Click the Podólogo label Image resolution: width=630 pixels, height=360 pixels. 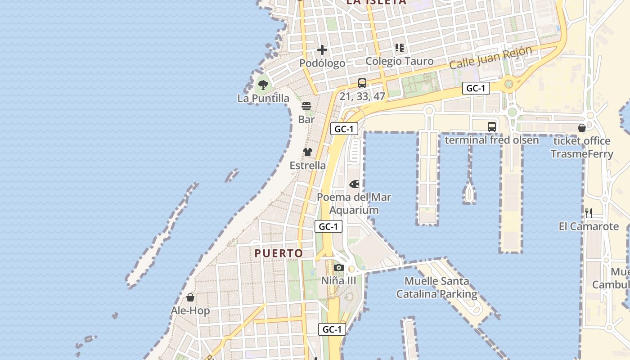(x=322, y=63)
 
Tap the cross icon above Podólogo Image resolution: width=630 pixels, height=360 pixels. (x=322, y=50)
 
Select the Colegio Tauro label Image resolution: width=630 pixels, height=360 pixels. (x=399, y=61)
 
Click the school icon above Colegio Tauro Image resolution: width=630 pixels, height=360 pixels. (x=399, y=48)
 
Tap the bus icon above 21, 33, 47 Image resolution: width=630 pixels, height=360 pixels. (x=362, y=83)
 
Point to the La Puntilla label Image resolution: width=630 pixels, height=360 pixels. (x=263, y=98)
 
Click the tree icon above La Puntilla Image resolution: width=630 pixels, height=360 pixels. (x=263, y=85)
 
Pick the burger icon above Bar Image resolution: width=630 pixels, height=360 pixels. (x=306, y=107)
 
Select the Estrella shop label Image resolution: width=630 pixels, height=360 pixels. (x=308, y=165)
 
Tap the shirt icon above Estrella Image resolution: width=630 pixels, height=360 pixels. (x=308, y=152)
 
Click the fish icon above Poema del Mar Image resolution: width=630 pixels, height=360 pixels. (x=354, y=184)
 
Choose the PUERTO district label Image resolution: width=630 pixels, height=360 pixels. (x=279, y=253)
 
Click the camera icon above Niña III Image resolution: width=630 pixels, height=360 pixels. (x=339, y=268)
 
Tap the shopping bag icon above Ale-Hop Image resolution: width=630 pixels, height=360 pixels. (x=190, y=297)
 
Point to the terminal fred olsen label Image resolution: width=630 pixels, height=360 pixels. (x=491, y=140)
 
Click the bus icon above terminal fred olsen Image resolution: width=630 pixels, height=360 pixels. (x=492, y=127)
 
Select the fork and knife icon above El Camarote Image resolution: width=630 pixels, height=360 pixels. (x=588, y=213)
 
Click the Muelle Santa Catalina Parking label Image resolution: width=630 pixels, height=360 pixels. (x=436, y=288)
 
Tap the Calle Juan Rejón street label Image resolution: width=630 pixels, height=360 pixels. (x=490, y=58)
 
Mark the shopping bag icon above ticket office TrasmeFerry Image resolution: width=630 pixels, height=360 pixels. (x=582, y=128)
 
